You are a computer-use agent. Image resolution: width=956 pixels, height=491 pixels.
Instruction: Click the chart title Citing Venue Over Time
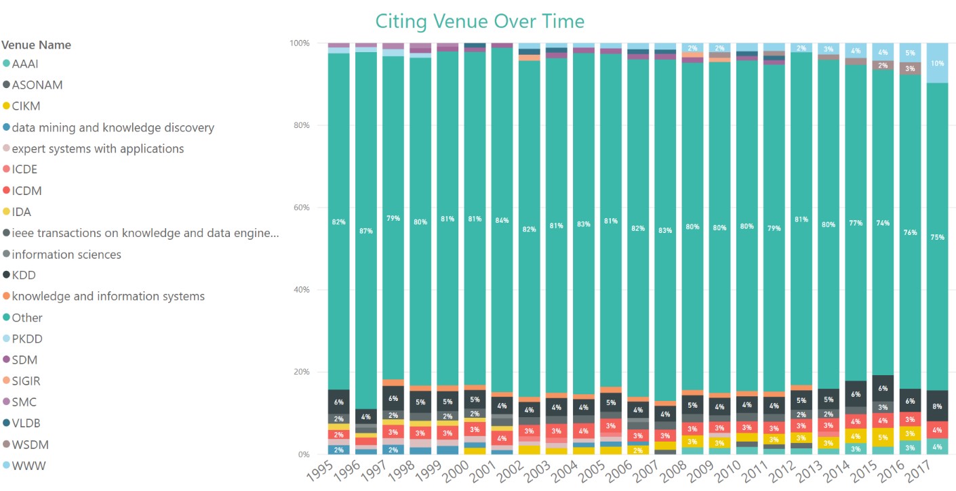pyautogui.click(x=479, y=21)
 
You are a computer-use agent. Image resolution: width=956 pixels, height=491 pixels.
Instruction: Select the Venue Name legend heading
pyautogui.click(x=36, y=45)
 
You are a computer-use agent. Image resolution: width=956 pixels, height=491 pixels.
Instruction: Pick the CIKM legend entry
pyautogui.click(x=27, y=106)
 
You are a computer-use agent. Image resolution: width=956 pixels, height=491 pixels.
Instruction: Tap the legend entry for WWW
pyautogui.click(x=28, y=466)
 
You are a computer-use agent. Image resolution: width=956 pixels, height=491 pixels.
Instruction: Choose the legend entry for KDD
pyautogui.click(x=24, y=276)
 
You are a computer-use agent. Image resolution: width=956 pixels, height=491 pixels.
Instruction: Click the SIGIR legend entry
pyautogui.click(x=26, y=381)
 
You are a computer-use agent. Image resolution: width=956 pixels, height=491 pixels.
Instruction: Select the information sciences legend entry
pyautogui.click(x=66, y=255)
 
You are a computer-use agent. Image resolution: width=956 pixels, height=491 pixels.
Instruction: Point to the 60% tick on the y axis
pyautogui.click(x=299, y=207)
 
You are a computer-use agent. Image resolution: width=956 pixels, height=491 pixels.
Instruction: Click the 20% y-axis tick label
pyautogui.click(x=299, y=372)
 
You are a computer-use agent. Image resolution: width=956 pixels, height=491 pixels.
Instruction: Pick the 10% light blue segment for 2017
pyautogui.click(x=938, y=63)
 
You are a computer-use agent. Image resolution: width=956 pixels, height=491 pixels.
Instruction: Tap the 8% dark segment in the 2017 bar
pyautogui.click(x=938, y=406)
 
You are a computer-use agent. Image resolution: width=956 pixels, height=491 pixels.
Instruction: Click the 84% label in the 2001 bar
pyautogui.click(x=502, y=219)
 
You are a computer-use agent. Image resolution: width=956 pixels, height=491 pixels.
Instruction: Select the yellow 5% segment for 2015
pyautogui.click(x=883, y=437)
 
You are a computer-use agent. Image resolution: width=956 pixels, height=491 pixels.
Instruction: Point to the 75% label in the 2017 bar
pyautogui.click(x=938, y=238)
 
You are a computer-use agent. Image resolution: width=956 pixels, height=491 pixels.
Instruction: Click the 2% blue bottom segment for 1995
pyautogui.click(x=338, y=450)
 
